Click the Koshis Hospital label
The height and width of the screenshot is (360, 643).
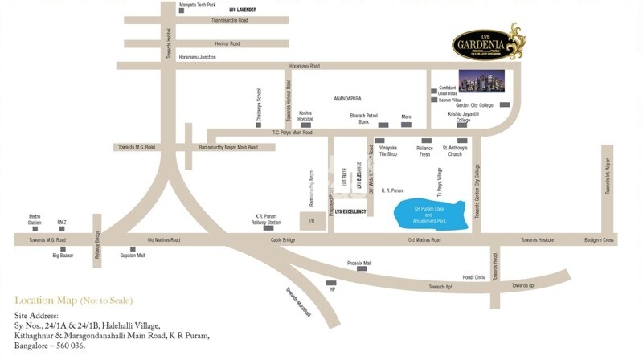(x=305, y=116)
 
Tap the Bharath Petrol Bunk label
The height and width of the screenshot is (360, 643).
(x=363, y=118)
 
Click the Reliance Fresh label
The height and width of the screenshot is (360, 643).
(x=424, y=151)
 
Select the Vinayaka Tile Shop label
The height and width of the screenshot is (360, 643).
(x=388, y=151)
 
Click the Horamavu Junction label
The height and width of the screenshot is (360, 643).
(x=198, y=57)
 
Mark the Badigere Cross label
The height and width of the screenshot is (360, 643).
(x=599, y=240)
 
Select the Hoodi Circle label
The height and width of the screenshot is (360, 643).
(x=473, y=277)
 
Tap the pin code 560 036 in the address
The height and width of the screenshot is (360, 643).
(x=67, y=346)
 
